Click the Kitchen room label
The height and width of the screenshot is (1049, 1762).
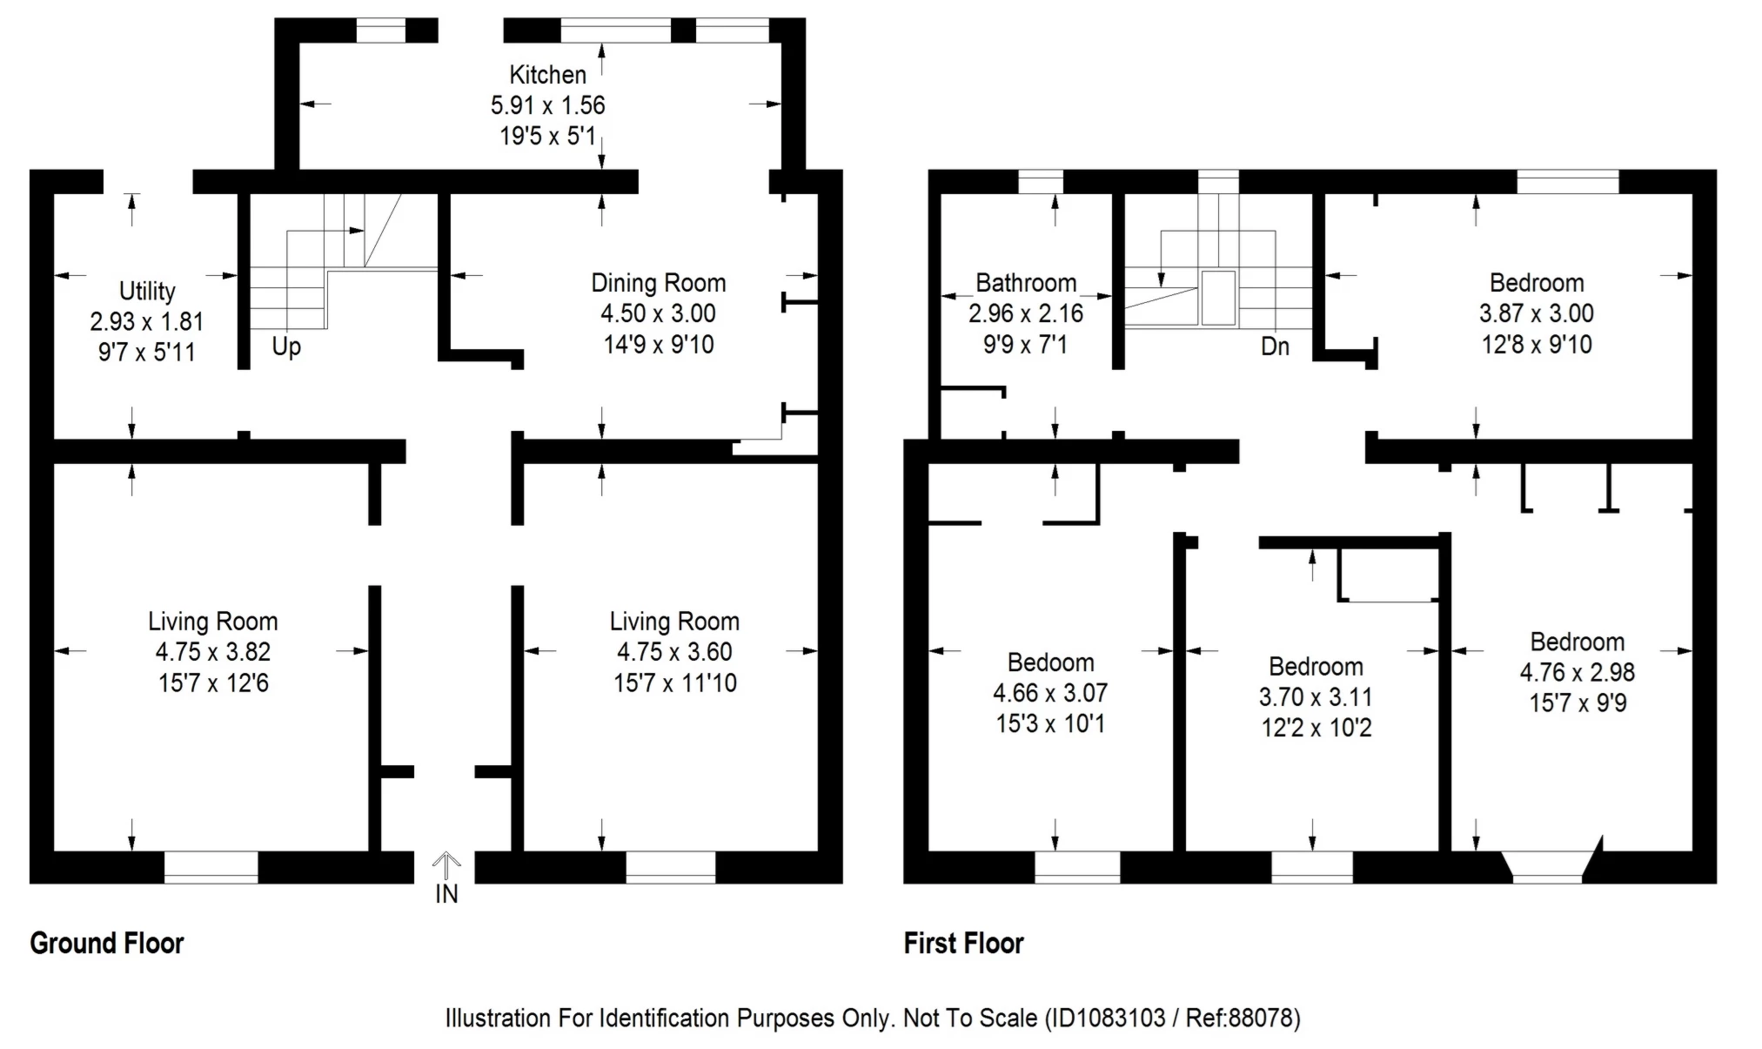(x=547, y=75)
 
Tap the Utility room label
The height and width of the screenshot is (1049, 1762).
(x=147, y=291)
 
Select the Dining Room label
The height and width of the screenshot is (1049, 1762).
(x=658, y=283)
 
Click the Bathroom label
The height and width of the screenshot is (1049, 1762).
(x=1026, y=283)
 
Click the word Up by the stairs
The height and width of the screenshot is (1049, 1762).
(x=286, y=346)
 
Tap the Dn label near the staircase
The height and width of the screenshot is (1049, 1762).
(x=1275, y=346)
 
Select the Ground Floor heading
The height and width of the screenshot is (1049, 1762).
(x=107, y=943)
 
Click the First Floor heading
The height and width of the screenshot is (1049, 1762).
(x=963, y=943)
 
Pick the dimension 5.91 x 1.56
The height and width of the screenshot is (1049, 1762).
(x=547, y=105)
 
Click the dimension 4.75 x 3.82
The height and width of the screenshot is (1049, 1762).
(x=213, y=652)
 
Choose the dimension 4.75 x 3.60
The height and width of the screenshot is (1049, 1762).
(x=674, y=652)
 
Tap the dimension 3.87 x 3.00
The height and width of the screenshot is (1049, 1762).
(x=1537, y=313)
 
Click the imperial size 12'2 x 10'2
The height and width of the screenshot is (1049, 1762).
(x=1316, y=727)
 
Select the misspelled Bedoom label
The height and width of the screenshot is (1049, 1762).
(x=1050, y=662)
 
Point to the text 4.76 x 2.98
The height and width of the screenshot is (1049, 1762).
(x=1578, y=672)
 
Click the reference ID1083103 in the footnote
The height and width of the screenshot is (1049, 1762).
(x=1105, y=1018)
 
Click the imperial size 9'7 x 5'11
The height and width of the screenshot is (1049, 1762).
(x=147, y=353)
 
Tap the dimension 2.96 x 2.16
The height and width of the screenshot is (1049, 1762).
(x=1026, y=313)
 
